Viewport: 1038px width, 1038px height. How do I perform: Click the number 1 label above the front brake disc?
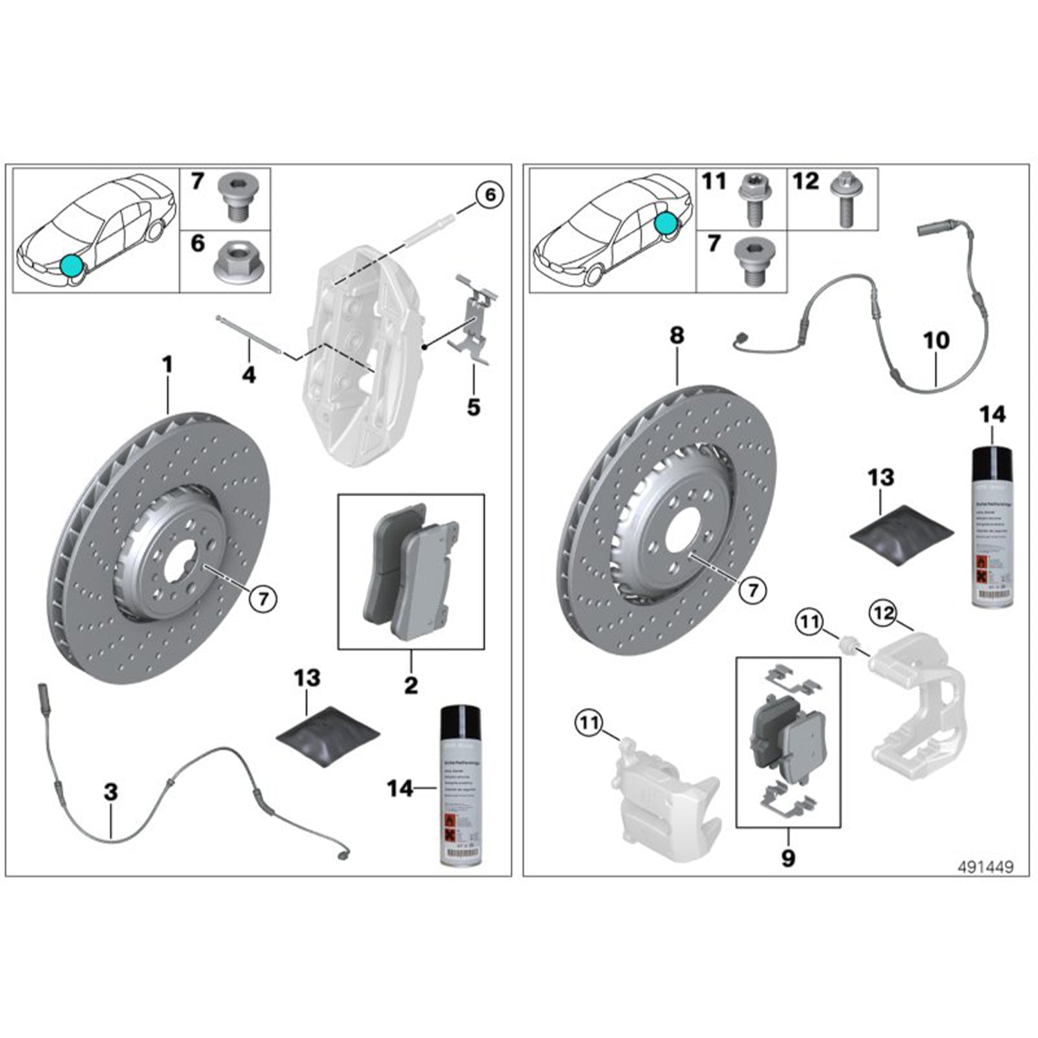click(167, 365)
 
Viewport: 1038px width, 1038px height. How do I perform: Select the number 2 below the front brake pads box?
click(411, 685)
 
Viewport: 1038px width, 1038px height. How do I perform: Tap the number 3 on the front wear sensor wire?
click(111, 792)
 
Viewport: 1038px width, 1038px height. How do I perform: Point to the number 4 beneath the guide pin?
click(248, 375)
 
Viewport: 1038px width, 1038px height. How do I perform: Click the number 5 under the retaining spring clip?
click(473, 407)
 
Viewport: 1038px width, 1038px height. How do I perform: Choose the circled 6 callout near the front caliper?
click(490, 195)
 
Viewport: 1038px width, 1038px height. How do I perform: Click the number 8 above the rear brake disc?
click(677, 336)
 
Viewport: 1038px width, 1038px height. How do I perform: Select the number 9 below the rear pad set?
click(787, 858)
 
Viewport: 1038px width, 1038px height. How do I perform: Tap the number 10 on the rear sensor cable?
click(936, 340)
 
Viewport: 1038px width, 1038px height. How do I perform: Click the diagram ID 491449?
click(985, 867)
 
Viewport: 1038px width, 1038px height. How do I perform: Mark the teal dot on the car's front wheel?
click(71, 265)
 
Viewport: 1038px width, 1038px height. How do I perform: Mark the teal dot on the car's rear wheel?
click(666, 223)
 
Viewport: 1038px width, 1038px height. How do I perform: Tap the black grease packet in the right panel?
click(901, 534)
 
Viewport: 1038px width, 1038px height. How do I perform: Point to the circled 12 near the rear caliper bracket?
click(884, 613)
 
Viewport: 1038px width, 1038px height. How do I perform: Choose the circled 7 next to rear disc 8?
click(753, 590)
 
